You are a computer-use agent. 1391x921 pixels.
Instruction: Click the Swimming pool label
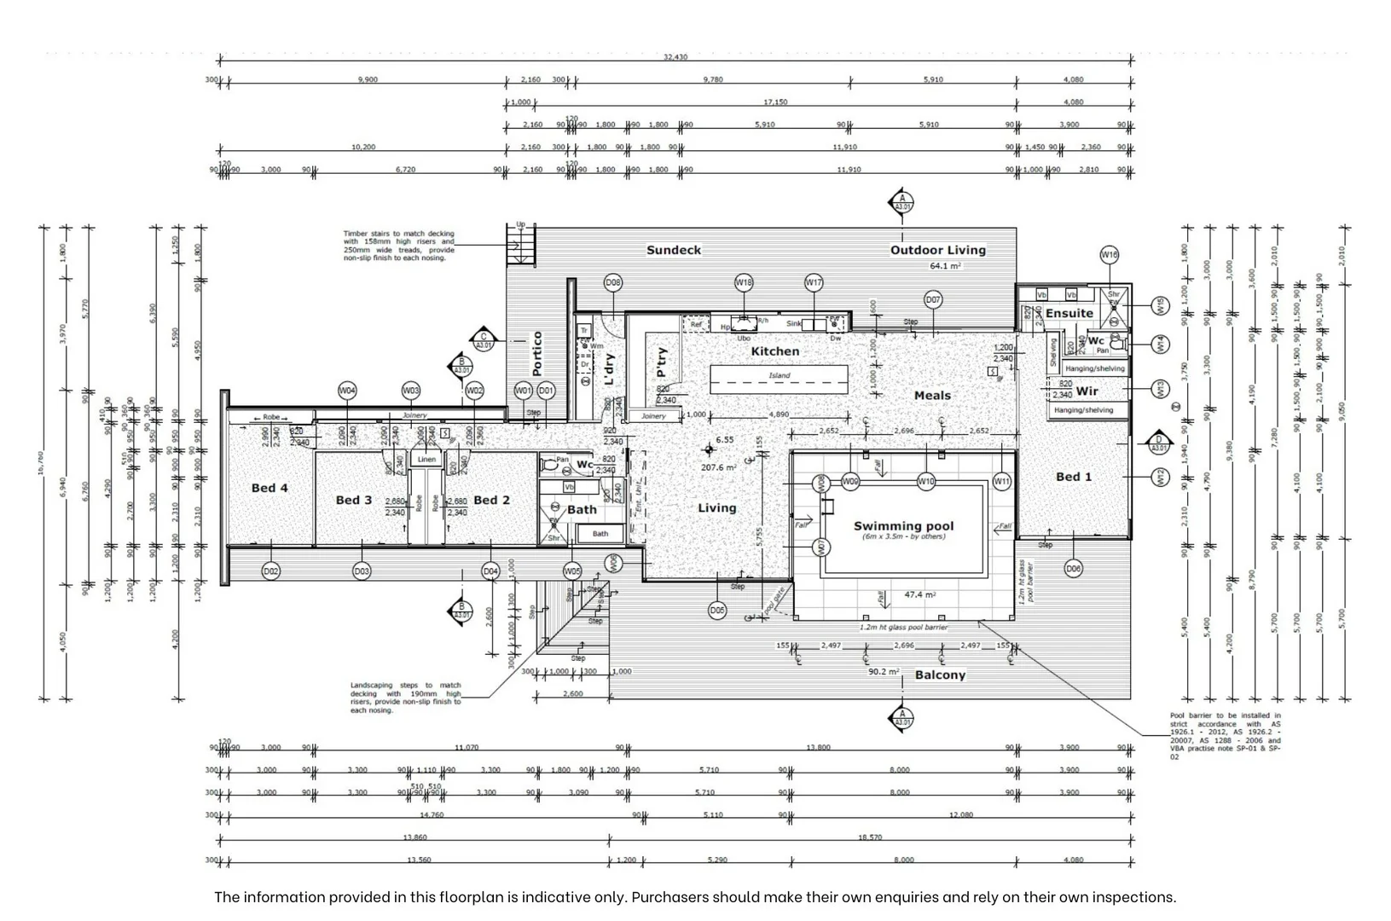click(903, 526)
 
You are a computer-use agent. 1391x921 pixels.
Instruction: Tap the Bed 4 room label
click(270, 488)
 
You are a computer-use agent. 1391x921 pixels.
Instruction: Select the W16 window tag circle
click(1109, 254)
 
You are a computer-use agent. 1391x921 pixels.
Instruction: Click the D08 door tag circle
click(612, 282)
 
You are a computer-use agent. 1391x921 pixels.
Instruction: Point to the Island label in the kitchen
click(779, 375)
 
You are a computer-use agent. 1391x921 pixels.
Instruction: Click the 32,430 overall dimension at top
click(675, 57)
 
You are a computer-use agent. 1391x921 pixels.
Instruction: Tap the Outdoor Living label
click(937, 250)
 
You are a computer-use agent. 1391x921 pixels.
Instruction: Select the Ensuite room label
click(1069, 313)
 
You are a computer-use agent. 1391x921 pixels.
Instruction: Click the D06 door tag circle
click(1073, 569)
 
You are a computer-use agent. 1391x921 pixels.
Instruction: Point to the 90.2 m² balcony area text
click(884, 672)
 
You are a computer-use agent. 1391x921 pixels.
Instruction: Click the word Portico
click(536, 354)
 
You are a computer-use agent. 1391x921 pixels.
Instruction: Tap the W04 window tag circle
click(347, 391)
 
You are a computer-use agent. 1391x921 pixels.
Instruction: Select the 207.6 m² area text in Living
click(718, 467)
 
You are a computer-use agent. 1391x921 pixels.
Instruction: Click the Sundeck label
click(673, 250)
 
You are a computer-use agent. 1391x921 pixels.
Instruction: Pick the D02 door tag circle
click(270, 571)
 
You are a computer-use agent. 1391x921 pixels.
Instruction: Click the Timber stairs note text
click(398, 246)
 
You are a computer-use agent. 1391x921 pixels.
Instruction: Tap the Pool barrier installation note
click(1225, 736)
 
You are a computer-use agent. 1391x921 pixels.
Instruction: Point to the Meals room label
click(931, 396)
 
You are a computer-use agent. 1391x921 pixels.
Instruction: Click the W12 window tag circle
click(1160, 477)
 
